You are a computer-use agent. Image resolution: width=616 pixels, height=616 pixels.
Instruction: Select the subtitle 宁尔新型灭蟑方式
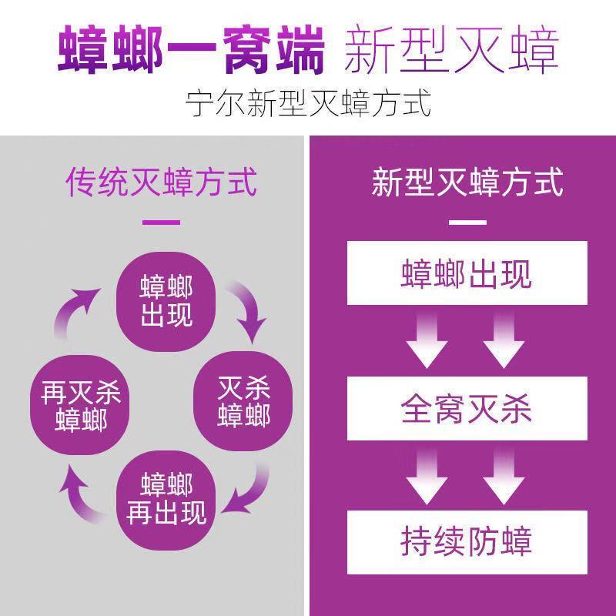point(308,102)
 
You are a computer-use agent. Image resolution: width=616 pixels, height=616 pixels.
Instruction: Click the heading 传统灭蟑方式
point(161,182)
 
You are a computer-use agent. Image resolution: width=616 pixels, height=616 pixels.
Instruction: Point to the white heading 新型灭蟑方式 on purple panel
point(467,182)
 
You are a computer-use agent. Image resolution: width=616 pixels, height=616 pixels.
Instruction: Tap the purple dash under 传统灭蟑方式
point(161,222)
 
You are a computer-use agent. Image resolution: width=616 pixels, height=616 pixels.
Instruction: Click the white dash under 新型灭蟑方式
point(467,223)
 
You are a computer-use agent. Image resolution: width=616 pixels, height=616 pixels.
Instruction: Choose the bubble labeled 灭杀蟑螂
point(243,400)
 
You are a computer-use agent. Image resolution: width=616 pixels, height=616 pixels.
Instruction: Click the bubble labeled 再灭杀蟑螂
point(81,400)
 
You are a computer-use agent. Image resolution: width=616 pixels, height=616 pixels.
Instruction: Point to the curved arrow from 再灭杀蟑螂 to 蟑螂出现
point(77,312)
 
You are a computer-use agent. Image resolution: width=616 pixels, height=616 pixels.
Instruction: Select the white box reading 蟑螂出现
point(467,273)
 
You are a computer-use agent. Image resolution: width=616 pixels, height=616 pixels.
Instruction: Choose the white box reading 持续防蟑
point(467,542)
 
